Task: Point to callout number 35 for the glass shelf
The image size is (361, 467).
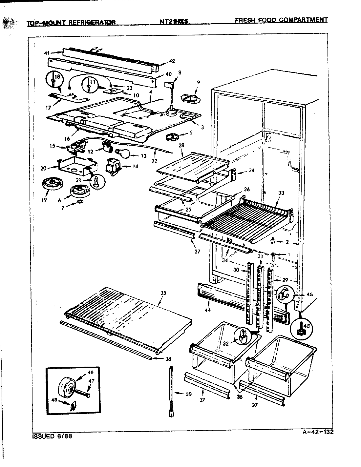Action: [161, 293]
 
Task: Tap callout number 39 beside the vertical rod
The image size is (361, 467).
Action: [188, 394]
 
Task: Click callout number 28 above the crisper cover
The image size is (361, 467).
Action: [181, 145]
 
